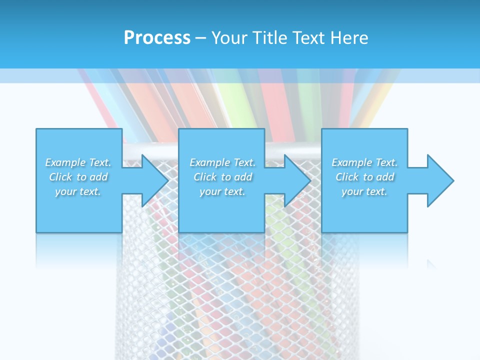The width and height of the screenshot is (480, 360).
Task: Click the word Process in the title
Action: [157, 38]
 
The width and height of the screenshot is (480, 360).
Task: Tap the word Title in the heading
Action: [270, 38]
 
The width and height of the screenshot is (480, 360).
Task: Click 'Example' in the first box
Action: [65, 162]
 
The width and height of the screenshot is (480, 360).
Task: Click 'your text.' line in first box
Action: [78, 191]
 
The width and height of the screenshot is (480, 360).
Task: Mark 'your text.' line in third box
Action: [364, 191]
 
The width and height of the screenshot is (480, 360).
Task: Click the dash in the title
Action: [201, 38]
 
